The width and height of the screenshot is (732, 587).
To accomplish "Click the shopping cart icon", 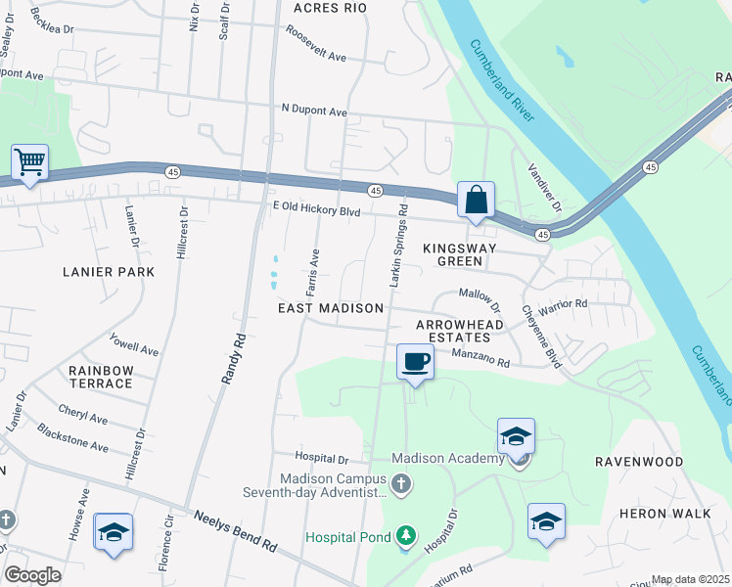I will [x=30, y=162].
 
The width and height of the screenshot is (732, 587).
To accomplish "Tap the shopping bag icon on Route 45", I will [x=476, y=200].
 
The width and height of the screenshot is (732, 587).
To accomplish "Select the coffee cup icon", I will [x=415, y=362].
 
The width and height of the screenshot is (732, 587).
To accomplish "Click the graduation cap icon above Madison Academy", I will [x=516, y=435].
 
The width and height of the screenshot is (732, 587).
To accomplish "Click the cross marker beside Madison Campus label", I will [x=400, y=484].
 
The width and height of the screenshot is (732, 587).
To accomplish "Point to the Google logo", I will [x=32, y=575].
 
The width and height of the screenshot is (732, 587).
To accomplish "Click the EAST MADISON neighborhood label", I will [x=331, y=308].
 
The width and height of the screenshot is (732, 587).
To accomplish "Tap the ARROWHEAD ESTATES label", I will [x=459, y=330].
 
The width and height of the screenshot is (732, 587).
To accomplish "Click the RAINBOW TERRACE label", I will [x=100, y=377].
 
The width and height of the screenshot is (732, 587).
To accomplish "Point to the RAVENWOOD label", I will [x=637, y=460].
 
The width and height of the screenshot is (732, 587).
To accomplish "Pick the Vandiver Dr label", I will [x=544, y=189].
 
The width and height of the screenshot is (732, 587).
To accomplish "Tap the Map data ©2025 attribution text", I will [x=691, y=579].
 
